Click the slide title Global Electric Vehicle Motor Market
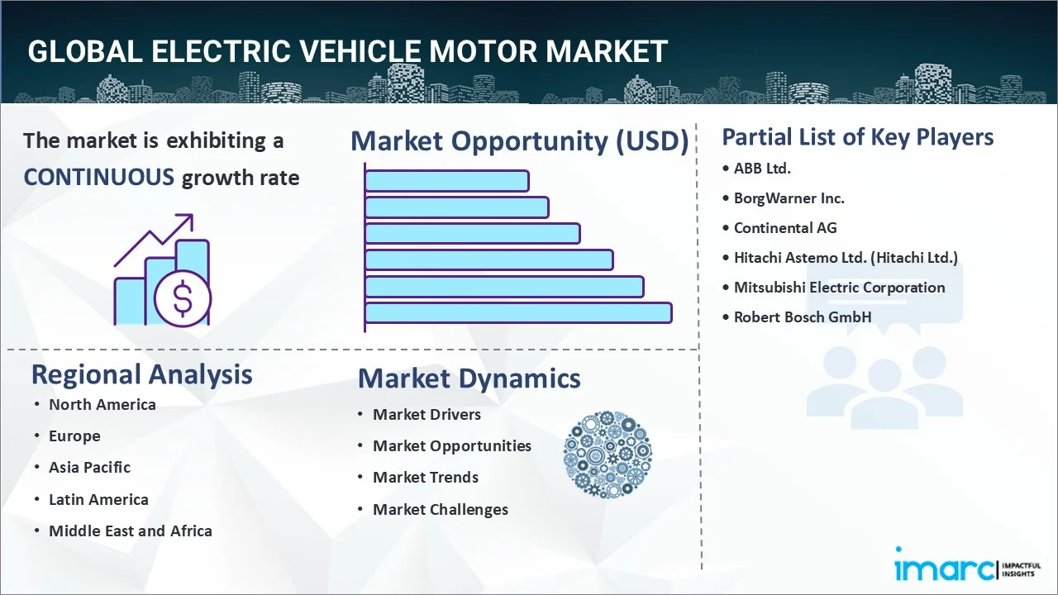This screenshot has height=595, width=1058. click(347, 51)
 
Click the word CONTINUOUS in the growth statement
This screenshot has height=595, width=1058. click(98, 177)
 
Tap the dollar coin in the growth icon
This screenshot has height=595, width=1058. click(183, 300)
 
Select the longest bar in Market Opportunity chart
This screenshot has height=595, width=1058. click(517, 312)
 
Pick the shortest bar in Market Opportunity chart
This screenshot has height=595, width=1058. click(446, 180)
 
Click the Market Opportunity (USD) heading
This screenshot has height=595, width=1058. click(519, 141)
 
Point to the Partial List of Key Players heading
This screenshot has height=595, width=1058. click(857, 136)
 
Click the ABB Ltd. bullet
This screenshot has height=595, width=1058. click(761, 169)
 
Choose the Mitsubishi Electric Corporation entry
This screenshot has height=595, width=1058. click(839, 288)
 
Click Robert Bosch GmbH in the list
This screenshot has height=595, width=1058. click(802, 317)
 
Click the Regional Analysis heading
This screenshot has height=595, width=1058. click(141, 374)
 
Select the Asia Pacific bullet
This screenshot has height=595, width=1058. click(89, 467)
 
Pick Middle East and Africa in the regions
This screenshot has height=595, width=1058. click(130, 531)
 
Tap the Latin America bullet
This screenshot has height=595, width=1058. click(98, 499)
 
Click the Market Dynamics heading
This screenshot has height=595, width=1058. click(469, 378)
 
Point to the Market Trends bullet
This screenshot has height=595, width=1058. click(425, 478)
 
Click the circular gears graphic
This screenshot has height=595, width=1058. click(608, 455)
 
